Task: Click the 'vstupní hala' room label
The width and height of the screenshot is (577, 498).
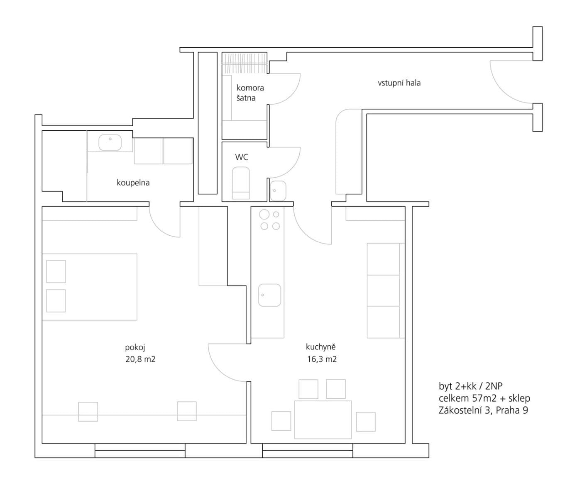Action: [399, 83]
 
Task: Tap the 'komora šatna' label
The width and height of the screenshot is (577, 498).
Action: [250, 93]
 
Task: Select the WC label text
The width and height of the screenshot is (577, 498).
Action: [242, 157]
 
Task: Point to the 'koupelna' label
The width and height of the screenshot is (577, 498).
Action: [133, 183]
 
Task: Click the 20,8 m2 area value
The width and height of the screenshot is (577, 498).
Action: [140, 359]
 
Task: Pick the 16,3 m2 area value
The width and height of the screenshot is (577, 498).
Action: [322, 359]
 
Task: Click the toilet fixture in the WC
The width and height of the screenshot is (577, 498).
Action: [241, 183]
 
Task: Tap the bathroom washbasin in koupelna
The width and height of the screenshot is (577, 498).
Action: [110, 143]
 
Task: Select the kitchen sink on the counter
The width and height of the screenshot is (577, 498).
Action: [269, 295]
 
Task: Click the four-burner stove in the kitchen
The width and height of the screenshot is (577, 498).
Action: [269, 220]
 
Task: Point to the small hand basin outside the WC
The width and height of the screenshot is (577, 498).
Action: [278, 191]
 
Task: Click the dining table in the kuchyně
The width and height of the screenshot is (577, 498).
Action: [323, 420]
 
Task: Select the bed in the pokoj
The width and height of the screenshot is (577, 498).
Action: [90, 287]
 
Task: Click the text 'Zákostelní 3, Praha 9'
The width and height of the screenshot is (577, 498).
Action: [483, 411]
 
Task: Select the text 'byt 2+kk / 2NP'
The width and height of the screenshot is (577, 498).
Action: [470, 386]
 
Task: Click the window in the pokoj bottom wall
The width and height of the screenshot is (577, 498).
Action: [140, 451]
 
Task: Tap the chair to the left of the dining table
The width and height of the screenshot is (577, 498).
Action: [281, 421]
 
